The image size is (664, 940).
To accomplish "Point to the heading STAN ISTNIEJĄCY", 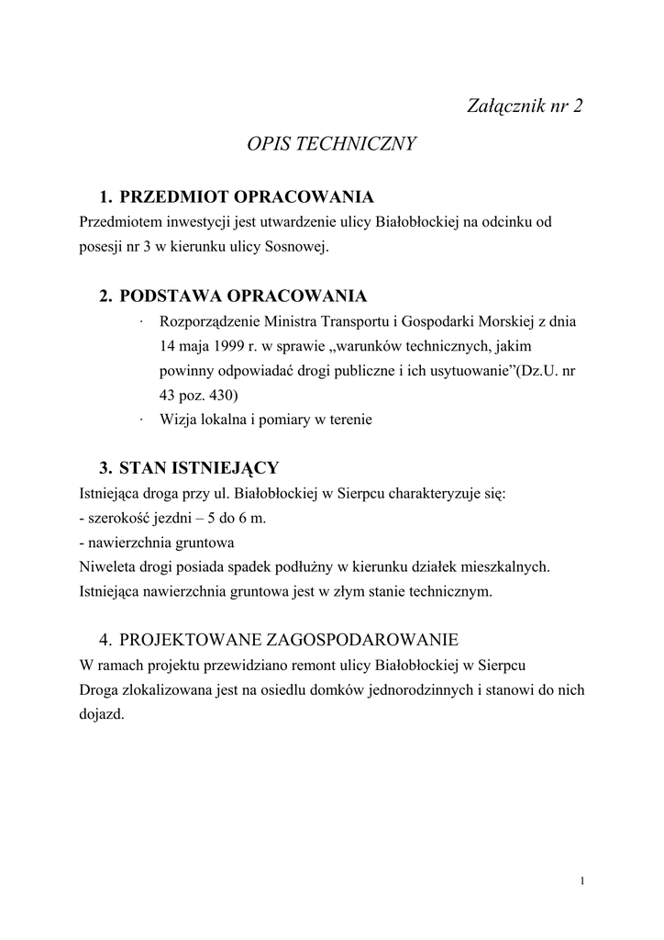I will tap(199, 468).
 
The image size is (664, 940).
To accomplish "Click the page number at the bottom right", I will tap(582, 882).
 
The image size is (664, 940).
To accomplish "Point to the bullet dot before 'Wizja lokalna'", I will tap(143, 420).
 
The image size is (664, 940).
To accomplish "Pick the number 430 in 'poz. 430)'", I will tap(221, 396).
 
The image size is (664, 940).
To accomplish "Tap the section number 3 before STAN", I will tap(105, 468).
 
